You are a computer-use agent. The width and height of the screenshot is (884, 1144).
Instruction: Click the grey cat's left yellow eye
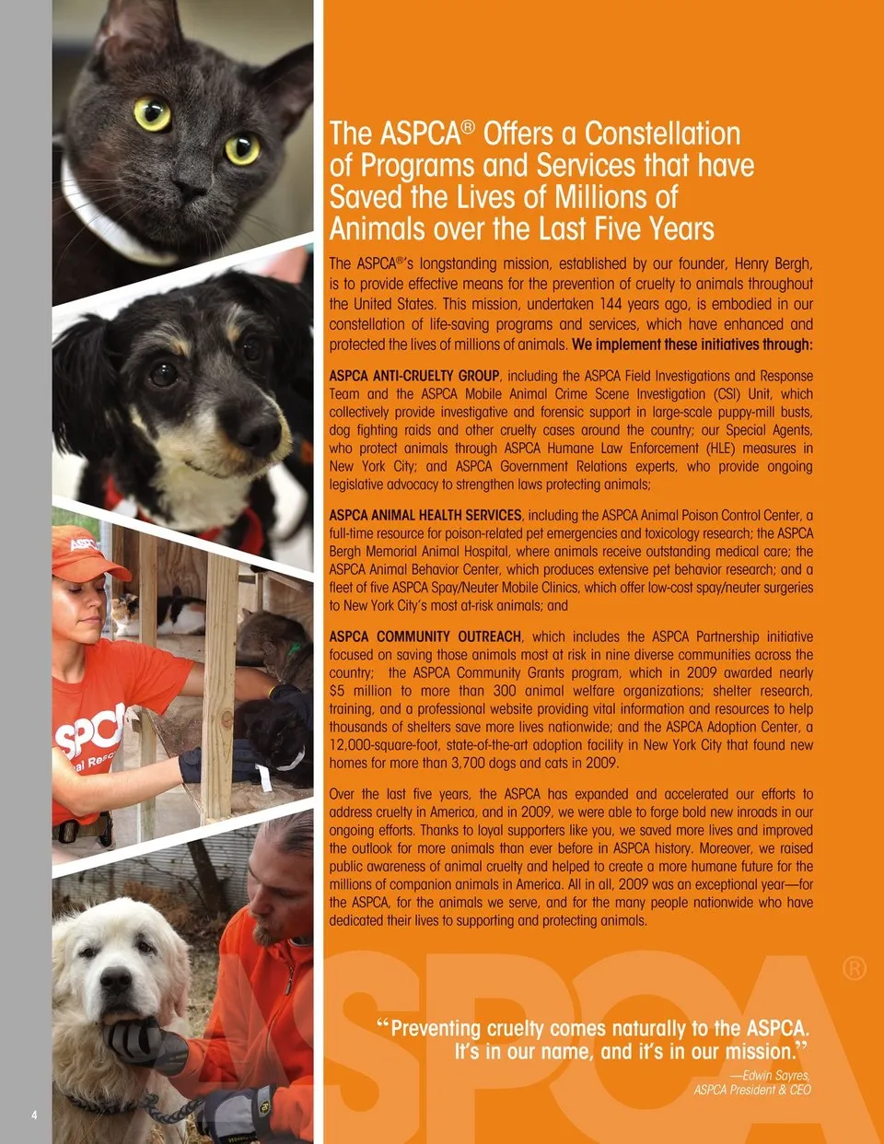point(152,114)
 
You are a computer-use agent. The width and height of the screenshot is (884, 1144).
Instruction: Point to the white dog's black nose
point(118,980)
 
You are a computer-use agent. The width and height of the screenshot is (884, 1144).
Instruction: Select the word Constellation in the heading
point(662,134)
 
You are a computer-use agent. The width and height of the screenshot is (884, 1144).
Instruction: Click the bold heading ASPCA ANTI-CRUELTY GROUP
point(414,376)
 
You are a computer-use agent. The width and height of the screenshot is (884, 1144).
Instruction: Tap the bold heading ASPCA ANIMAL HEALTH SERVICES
point(425,516)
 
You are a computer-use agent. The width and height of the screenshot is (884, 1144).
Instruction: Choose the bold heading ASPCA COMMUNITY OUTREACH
point(425,636)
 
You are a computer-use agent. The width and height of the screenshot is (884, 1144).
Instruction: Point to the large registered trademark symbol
point(854,968)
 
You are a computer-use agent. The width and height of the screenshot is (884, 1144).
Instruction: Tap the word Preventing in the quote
point(436,1028)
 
